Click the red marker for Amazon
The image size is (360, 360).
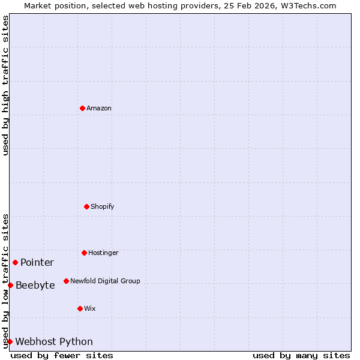[x=82, y=108]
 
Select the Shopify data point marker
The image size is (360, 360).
[x=86, y=206]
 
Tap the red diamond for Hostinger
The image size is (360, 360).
[x=84, y=253]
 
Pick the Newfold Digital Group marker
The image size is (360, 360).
[x=66, y=281]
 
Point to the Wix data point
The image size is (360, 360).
[x=80, y=308]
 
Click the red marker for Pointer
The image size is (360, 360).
[x=15, y=262]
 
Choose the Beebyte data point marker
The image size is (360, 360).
[x=10, y=285]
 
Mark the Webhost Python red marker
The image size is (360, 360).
[x=10, y=341]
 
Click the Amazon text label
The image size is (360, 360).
[x=99, y=109]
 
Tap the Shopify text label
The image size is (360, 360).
[x=103, y=207]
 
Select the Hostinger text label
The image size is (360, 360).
[x=103, y=253]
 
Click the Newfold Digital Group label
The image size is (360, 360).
[x=105, y=281]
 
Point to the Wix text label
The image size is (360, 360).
[x=90, y=309]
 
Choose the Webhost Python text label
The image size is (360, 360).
[x=54, y=342]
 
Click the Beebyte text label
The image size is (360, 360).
[x=35, y=286]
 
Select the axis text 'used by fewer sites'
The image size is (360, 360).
[x=62, y=355]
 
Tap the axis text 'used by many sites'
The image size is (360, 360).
[x=301, y=355]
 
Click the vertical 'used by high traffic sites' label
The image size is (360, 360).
[x=5, y=85]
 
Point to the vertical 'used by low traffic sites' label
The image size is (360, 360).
[x=5, y=281]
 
